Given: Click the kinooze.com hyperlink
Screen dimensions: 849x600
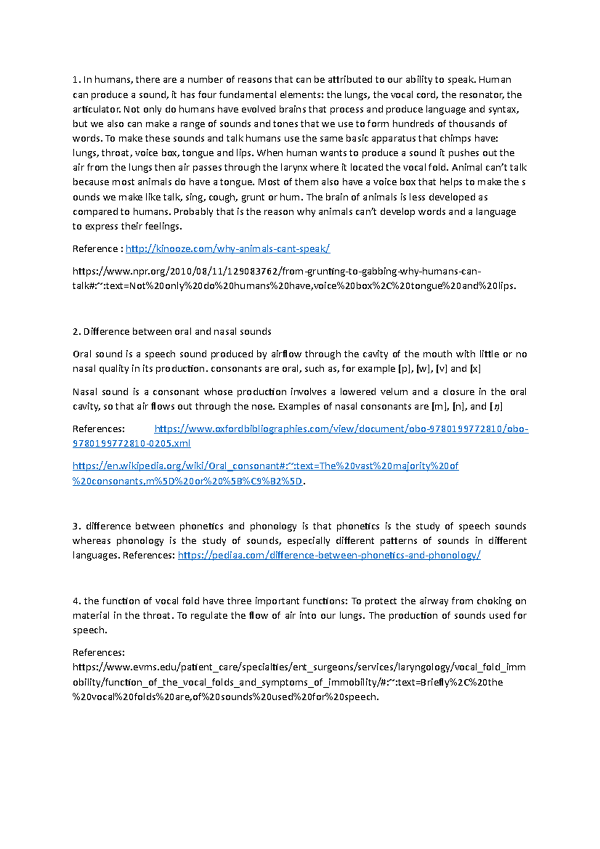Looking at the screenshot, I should tap(227, 249).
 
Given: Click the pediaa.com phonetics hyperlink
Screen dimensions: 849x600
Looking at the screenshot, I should tap(329, 555).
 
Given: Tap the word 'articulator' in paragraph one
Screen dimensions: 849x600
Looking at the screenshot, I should tap(96, 109).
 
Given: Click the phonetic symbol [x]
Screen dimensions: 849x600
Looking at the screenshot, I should tap(475, 369).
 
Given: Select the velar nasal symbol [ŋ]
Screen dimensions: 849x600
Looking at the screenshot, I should tap(496, 406).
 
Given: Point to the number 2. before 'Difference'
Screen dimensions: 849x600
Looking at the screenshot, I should tap(76, 332).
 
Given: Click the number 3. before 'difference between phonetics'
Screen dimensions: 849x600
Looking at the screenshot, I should tap(76, 526).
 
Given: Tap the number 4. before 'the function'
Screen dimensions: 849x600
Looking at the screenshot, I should tap(76, 601).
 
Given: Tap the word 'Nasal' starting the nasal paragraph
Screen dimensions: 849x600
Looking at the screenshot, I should tap(85, 392).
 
